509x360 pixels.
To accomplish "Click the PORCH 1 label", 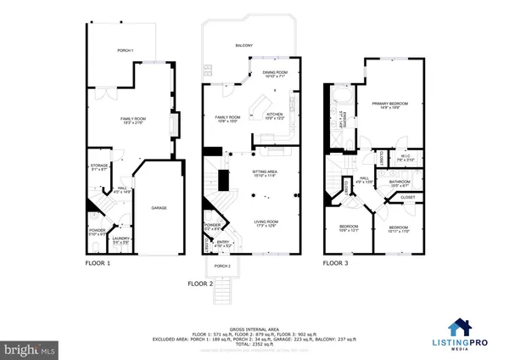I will coord(126,51).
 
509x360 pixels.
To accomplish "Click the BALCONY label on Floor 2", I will coord(243,45).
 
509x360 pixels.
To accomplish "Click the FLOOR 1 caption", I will coord(98,263).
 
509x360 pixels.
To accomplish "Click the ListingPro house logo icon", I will coord(461,326).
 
